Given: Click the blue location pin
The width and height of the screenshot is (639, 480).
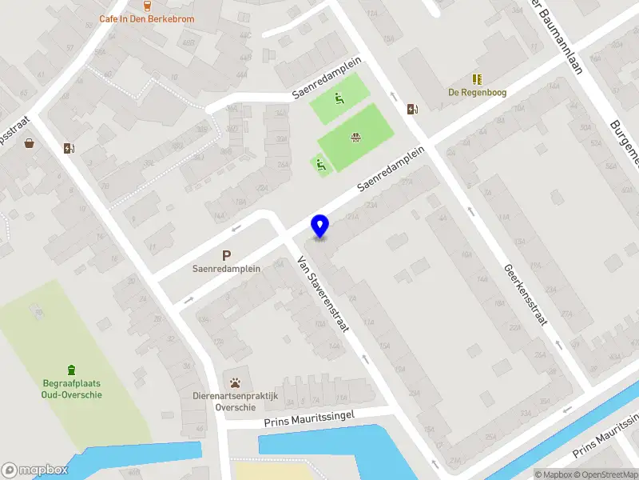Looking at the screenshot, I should click(x=319, y=226).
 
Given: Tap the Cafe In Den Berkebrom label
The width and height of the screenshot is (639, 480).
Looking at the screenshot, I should click(x=146, y=18).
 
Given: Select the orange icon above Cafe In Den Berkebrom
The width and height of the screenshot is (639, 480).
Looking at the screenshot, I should click(x=147, y=5).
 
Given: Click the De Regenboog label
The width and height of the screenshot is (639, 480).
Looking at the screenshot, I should click(x=477, y=92).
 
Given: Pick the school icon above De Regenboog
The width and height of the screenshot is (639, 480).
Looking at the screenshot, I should click(x=477, y=79).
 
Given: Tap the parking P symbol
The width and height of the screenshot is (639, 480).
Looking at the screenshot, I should click(x=227, y=256).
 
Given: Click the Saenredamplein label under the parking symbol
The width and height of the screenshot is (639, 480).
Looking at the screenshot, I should click(x=227, y=270).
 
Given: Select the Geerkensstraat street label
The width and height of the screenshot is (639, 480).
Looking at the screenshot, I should click(x=524, y=294).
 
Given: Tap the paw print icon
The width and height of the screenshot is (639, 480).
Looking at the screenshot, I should click(x=235, y=382).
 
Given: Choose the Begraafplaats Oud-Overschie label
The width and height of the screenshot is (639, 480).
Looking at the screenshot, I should click(x=72, y=389).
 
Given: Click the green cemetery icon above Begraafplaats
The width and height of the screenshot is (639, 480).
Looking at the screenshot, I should click(x=72, y=370).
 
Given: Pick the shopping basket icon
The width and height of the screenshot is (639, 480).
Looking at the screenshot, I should click(x=30, y=144).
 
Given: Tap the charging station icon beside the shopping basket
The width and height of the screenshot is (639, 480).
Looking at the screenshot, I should click(x=68, y=148).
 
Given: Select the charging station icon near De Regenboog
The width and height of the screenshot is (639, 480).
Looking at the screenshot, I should click(x=412, y=110).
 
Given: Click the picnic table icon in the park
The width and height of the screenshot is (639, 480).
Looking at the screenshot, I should click(x=355, y=137).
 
